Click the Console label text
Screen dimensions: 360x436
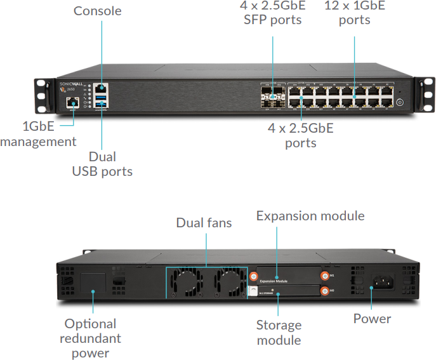click(97, 11)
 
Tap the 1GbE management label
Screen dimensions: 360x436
click(38, 133)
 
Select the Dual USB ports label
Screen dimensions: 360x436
click(102, 164)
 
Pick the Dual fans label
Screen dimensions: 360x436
click(204, 223)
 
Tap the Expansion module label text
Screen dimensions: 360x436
click(310, 216)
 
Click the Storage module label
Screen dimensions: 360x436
click(279, 333)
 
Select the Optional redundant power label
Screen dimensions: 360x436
click(90, 338)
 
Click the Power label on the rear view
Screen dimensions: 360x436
click(373, 319)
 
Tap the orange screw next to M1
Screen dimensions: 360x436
click(326, 276)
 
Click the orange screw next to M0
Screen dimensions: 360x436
click(326, 290)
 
